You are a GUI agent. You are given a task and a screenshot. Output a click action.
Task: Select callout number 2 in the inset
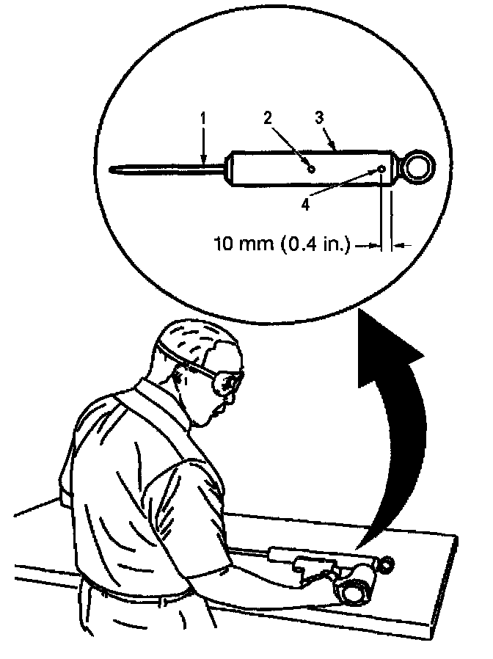pyautogui.click(x=268, y=118)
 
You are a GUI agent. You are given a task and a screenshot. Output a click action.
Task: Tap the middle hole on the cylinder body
pyautogui.click(x=312, y=169)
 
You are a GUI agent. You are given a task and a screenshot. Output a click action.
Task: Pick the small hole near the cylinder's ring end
pyautogui.click(x=382, y=170)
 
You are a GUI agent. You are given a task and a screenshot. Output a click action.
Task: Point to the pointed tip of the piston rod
pyautogui.click(x=112, y=170)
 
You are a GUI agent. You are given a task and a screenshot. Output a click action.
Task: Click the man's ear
pyautogui.click(x=180, y=377)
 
